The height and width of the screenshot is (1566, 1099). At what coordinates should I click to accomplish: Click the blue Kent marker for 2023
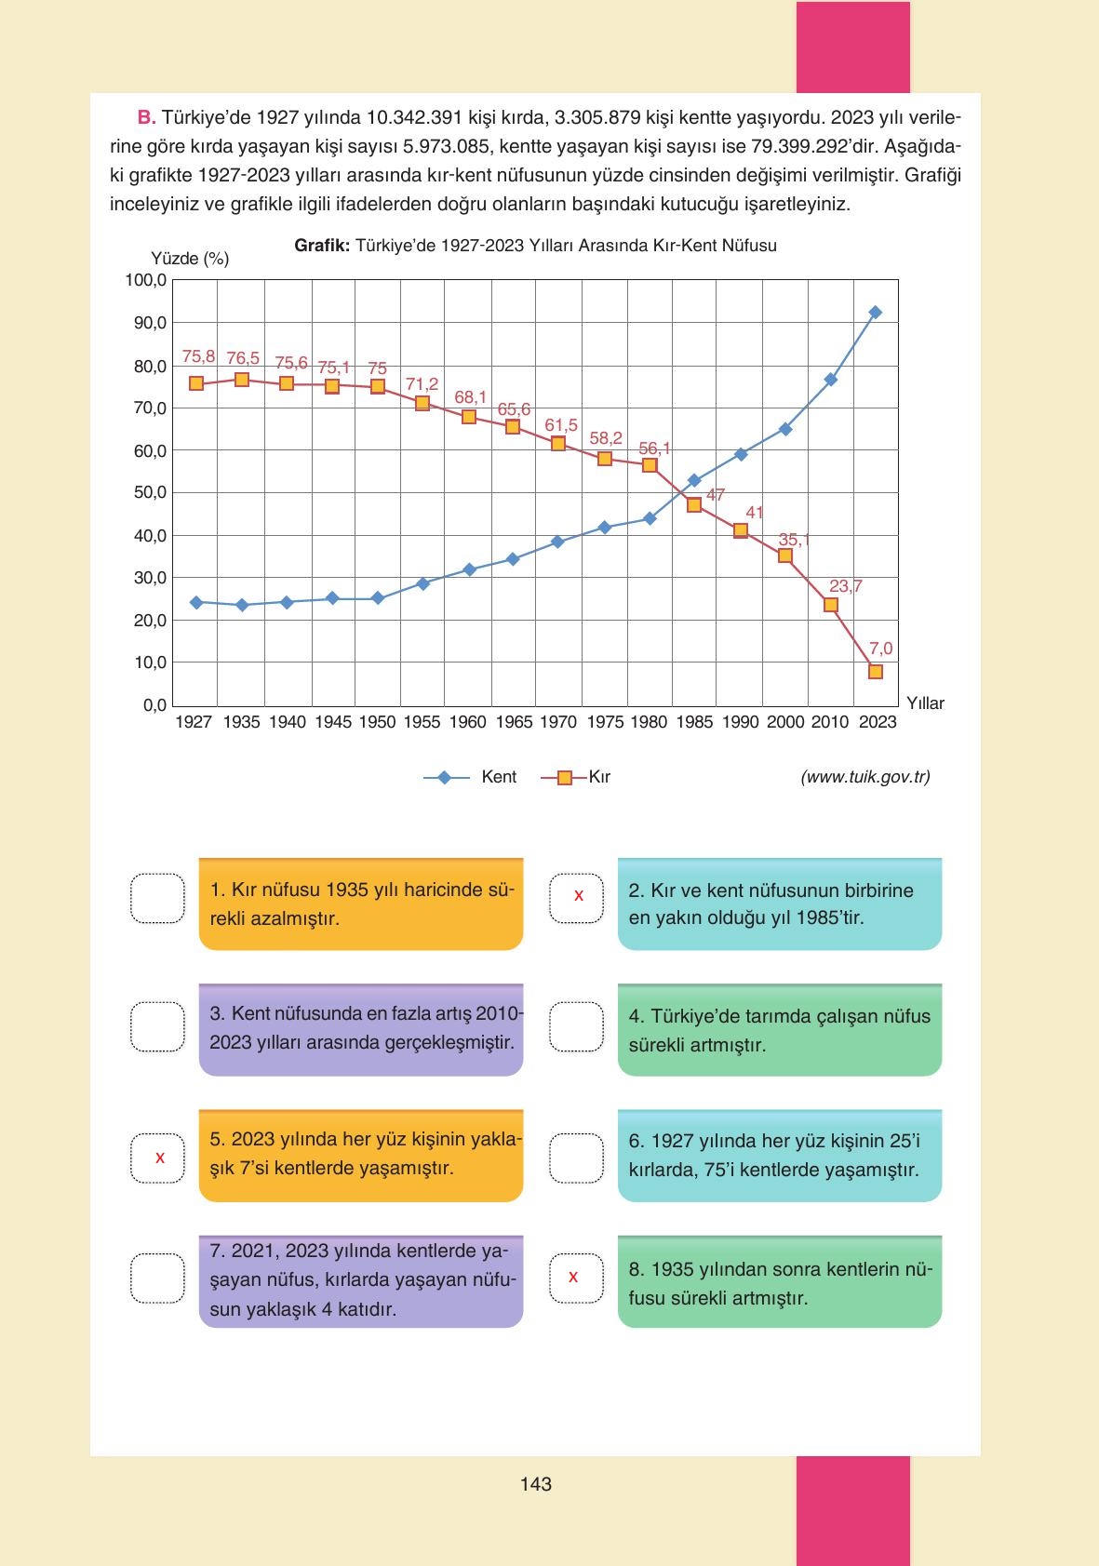tap(875, 313)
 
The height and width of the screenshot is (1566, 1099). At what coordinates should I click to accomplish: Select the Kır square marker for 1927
tap(196, 383)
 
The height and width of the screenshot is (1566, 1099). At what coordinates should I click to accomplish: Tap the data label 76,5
tap(243, 358)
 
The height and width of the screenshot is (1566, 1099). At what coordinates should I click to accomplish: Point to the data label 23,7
tap(845, 586)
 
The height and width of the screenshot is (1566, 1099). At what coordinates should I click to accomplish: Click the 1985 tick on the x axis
tap(694, 722)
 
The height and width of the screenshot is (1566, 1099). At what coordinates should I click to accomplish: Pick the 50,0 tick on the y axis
tap(147, 492)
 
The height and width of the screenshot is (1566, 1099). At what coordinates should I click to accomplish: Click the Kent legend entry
tap(471, 777)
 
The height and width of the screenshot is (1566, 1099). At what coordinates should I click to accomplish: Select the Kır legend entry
tap(577, 777)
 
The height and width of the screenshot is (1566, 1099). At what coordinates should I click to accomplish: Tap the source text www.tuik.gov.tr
tap(864, 777)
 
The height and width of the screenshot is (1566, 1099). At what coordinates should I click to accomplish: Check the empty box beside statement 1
tap(157, 899)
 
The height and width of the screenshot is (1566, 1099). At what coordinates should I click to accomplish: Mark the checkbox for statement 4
tap(577, 1025)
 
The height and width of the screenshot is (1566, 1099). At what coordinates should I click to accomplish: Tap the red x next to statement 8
tap(573, 1277)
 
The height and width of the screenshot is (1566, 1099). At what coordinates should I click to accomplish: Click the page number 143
tap(536, 1484)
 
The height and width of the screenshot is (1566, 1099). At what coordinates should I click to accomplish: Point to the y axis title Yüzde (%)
tap(190, 259)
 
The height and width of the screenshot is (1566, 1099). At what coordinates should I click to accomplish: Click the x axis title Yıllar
tap(925, 703)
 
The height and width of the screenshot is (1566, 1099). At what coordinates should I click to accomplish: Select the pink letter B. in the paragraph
tap(146, 118)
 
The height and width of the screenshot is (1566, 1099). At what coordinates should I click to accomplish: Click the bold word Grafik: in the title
tap(322, 246)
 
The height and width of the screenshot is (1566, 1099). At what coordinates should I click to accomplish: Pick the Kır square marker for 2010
tap(831, 605)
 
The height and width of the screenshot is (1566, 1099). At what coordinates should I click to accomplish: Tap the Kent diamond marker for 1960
tap(469, 569)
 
